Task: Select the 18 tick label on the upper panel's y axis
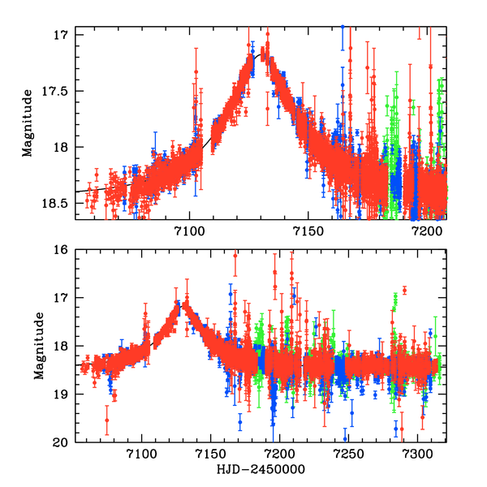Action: pyautogui.click(x=65, y=147)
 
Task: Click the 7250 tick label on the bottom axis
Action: pyautogui.click(x=347, y=455)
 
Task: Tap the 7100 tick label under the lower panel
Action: pyautogui.click(x=142, y=455)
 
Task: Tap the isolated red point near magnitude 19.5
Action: pyautogui.click(x=106, y=420)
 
